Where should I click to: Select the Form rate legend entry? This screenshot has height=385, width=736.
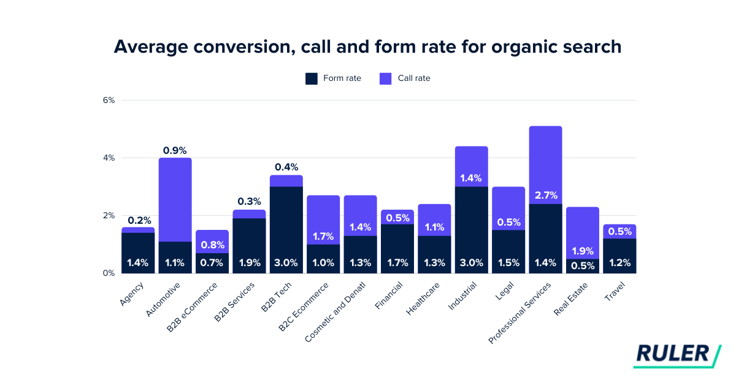point(333,78)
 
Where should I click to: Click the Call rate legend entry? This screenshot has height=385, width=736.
point(405,78)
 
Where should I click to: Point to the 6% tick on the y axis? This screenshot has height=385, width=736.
point(109,101)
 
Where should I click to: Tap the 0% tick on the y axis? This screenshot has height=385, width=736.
point(109,273)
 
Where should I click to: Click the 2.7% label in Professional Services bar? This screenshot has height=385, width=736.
point(545,196)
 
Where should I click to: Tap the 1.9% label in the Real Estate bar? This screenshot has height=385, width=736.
point(582,251)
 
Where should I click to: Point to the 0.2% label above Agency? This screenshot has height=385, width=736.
point(139,220)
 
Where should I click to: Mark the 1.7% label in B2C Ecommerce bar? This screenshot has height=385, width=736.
point(323,236)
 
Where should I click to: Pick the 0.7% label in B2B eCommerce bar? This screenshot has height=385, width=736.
point(212,263)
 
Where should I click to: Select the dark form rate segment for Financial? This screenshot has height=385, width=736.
point(397,245)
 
